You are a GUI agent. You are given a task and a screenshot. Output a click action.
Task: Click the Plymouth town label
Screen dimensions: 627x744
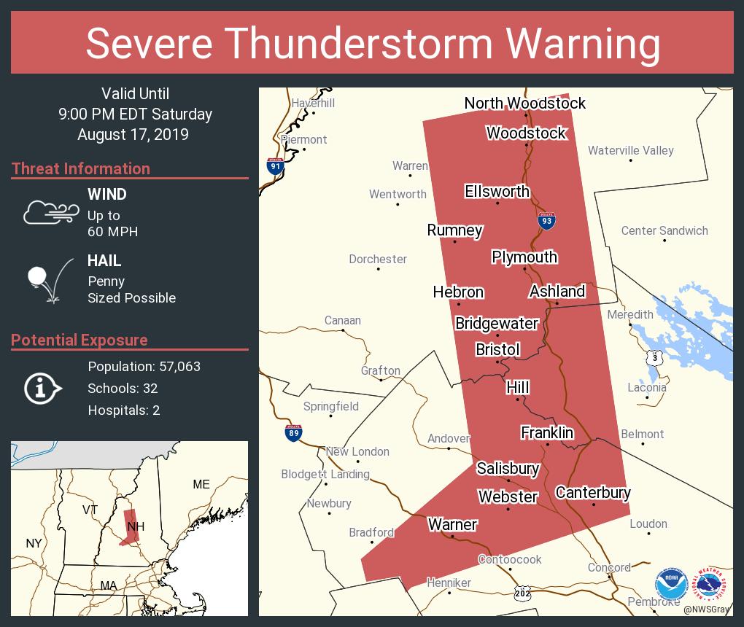pos(524,257)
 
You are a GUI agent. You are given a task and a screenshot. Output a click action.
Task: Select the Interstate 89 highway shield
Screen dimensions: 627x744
pos(292,433)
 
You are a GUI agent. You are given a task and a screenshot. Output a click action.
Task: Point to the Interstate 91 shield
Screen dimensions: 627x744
pos(275,165)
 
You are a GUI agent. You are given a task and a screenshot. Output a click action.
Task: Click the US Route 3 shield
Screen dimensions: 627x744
pos(655,357)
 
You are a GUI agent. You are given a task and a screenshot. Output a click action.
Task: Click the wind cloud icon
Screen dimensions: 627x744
pos(50,212)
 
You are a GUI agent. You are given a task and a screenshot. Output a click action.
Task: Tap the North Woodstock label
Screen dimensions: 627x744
pos(524,104)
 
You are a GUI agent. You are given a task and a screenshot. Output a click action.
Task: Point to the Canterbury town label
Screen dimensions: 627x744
pos(593,493)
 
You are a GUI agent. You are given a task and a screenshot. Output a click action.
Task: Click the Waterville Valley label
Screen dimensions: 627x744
pos(630,150)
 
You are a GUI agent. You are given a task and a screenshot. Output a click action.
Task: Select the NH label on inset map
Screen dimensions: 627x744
pos(135,526)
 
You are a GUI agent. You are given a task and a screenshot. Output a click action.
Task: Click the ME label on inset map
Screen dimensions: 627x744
pos(201,484)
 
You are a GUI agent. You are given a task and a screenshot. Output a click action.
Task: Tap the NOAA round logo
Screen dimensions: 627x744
pos(671,585)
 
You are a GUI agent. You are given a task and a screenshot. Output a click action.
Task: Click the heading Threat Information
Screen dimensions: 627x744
pos(81,168)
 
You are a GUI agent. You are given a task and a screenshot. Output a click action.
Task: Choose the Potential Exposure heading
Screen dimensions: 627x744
pos(80,340)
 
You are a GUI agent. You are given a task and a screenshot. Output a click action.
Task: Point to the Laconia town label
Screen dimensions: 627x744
pos(646,387)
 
